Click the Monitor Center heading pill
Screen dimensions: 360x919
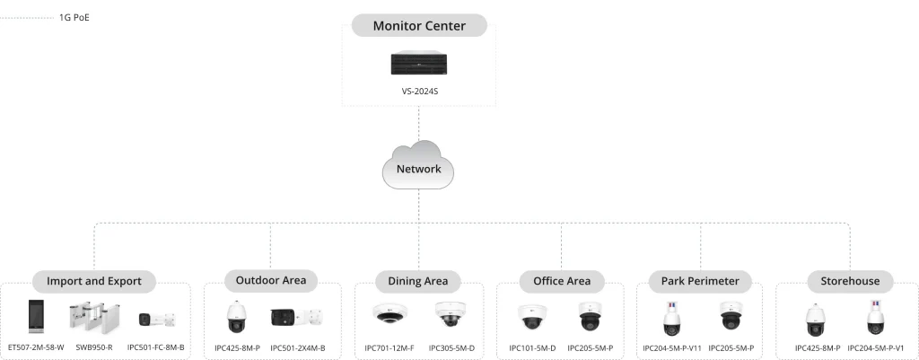coord(419,26)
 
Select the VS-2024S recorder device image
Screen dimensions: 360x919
coord(419,65)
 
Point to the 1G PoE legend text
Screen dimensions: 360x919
coord(74,17)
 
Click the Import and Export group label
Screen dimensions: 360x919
coord(94,281)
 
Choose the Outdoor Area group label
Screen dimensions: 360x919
coord(270,280)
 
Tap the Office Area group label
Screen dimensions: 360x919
coord(562,281)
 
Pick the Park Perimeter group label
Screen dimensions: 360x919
coord(700,281)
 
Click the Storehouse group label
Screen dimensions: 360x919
coord(850,281)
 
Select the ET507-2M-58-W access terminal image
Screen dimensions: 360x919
coord(37,317)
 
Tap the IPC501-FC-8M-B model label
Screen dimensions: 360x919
coord(156,347)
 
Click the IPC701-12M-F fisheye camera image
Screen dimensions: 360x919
coord(389,315)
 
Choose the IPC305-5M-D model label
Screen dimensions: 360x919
coord(451,347)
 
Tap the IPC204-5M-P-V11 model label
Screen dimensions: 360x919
coord(671,347)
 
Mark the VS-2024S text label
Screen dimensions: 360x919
coord(419,92)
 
